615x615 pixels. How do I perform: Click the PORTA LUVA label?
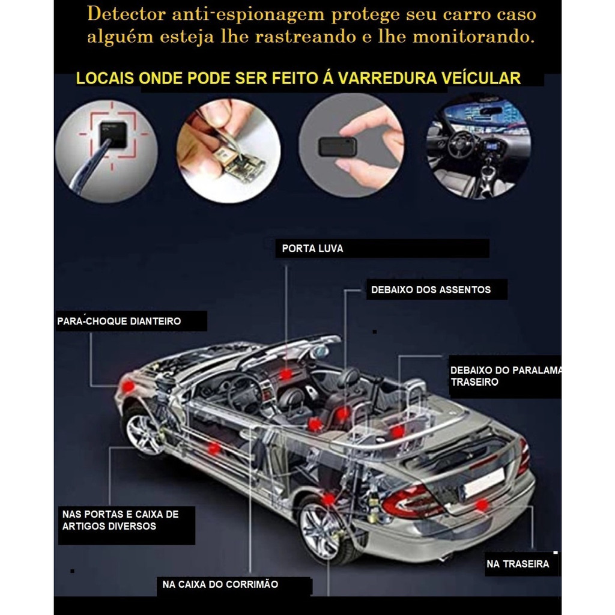click(312, 249)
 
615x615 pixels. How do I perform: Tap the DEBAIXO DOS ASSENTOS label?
click(431, 290)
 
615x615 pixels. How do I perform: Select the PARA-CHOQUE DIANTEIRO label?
click(119, 321)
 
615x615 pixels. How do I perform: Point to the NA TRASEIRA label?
click(517, 564)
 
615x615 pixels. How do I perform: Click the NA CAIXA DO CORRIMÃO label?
click(220, 584)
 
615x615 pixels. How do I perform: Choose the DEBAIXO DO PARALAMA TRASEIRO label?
click(506, 376)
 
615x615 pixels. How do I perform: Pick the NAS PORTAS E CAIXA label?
click(120, 514)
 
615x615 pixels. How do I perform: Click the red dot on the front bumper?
click(128, 386)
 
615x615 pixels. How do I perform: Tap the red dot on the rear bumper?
click(482, 505)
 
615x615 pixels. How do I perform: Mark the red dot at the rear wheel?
click(329, 499)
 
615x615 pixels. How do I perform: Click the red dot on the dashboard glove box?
click(285, 375)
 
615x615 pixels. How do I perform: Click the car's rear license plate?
click(484, 483)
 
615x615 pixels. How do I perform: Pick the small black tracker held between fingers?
click(338, 147)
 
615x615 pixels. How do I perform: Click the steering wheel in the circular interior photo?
click(461, 144)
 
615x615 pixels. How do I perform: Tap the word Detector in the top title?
click(126, 14)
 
